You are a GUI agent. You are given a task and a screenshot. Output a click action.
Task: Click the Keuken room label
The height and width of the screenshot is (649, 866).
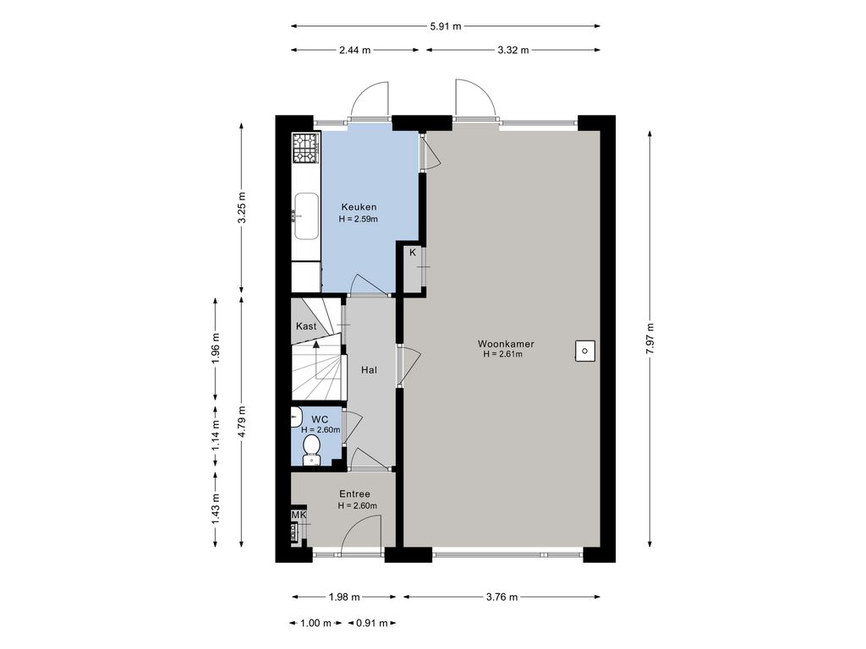click(359, 207)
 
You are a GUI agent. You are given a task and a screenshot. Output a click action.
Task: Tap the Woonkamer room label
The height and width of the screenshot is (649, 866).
click(506, 344)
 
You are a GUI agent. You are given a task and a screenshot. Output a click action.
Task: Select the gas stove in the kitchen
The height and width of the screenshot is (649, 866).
click(305, 149)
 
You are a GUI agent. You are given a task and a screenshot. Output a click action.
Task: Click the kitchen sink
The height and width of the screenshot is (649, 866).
click(306, 215)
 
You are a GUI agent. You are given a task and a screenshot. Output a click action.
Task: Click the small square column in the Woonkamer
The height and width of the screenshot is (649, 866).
click(585, 351)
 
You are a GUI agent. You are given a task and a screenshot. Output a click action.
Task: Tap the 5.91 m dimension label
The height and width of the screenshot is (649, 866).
click(445, 26)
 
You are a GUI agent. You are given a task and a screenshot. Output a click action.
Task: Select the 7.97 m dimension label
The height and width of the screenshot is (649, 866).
click(649, 339)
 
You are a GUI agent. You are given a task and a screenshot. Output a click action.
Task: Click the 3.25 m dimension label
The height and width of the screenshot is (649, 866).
click(241, 207)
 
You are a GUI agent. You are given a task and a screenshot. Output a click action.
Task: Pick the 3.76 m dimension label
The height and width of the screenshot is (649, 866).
click(502, 597)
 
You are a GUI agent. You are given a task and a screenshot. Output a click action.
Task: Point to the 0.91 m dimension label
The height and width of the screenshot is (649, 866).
click(372, 623)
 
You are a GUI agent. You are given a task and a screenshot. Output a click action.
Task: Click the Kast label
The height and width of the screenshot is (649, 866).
click(306, 326)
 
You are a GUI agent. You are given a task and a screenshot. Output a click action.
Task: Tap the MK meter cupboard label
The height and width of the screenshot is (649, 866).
click(299, 515)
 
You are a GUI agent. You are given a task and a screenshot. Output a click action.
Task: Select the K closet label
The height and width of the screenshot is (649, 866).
click(413, 253)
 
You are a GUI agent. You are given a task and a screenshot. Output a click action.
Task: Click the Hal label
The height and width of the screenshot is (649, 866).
click(369, 370)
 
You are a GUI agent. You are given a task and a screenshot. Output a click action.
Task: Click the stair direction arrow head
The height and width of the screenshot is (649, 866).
click(316, 345)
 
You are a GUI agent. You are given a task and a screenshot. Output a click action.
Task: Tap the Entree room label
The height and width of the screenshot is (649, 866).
click(354, 494)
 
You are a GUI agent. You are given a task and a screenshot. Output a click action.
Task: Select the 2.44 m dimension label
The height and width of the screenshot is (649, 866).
click(354, 50)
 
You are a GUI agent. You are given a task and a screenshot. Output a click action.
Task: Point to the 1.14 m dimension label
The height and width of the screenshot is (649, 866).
click(216, 436)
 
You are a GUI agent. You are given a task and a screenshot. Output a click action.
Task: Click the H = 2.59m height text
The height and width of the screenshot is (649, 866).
click(359, 219)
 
